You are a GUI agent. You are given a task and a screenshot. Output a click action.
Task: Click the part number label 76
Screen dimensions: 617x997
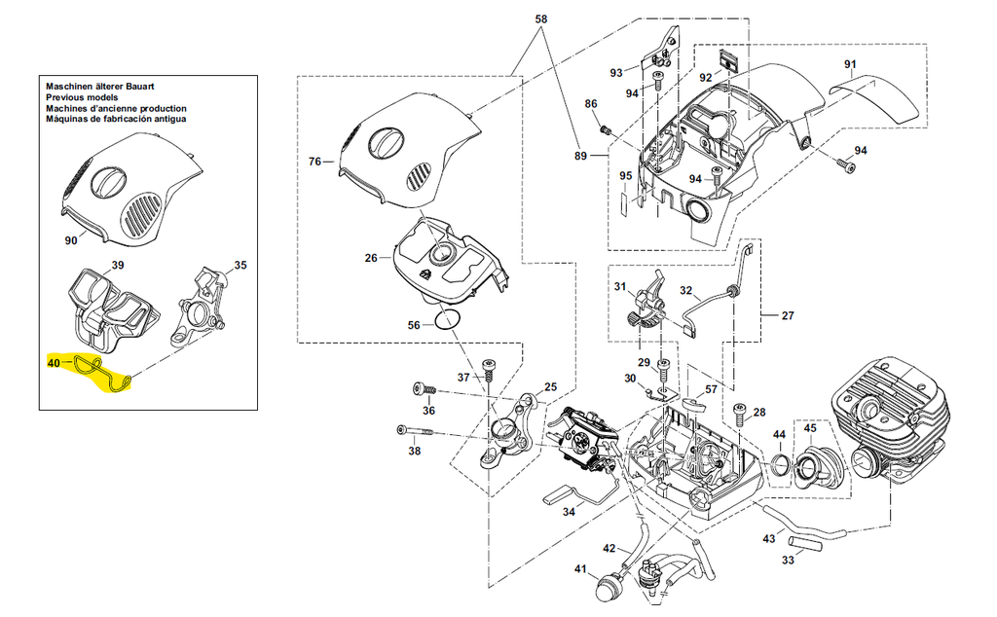pos(314,162)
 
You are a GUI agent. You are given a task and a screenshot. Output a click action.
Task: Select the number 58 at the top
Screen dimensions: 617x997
pos(542,18)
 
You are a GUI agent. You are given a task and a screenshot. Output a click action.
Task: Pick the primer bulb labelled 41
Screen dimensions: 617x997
pos(608,588)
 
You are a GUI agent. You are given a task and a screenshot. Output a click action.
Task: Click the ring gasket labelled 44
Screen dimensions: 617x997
pos(780,465)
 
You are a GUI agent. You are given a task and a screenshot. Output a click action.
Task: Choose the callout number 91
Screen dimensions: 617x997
pos(849,65)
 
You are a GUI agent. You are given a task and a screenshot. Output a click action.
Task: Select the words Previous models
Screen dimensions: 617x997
pos(82,98)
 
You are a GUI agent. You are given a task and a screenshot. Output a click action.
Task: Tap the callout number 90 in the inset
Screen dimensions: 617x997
pos(70,240)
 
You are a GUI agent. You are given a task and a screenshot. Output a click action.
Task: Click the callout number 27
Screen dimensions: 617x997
pos(788,315)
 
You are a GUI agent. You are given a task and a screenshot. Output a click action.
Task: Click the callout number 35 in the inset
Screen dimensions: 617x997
pos(240,265)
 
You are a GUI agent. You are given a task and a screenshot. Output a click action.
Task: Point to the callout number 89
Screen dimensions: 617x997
pos(581,156)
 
